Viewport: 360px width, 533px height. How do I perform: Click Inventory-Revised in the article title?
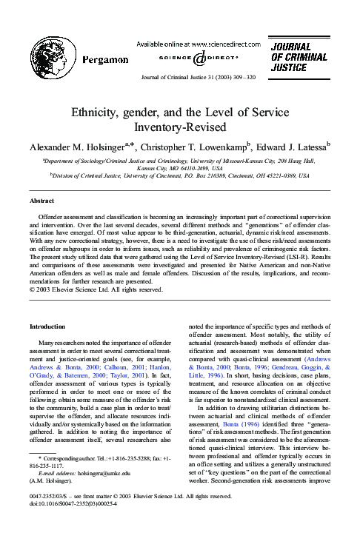180,127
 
